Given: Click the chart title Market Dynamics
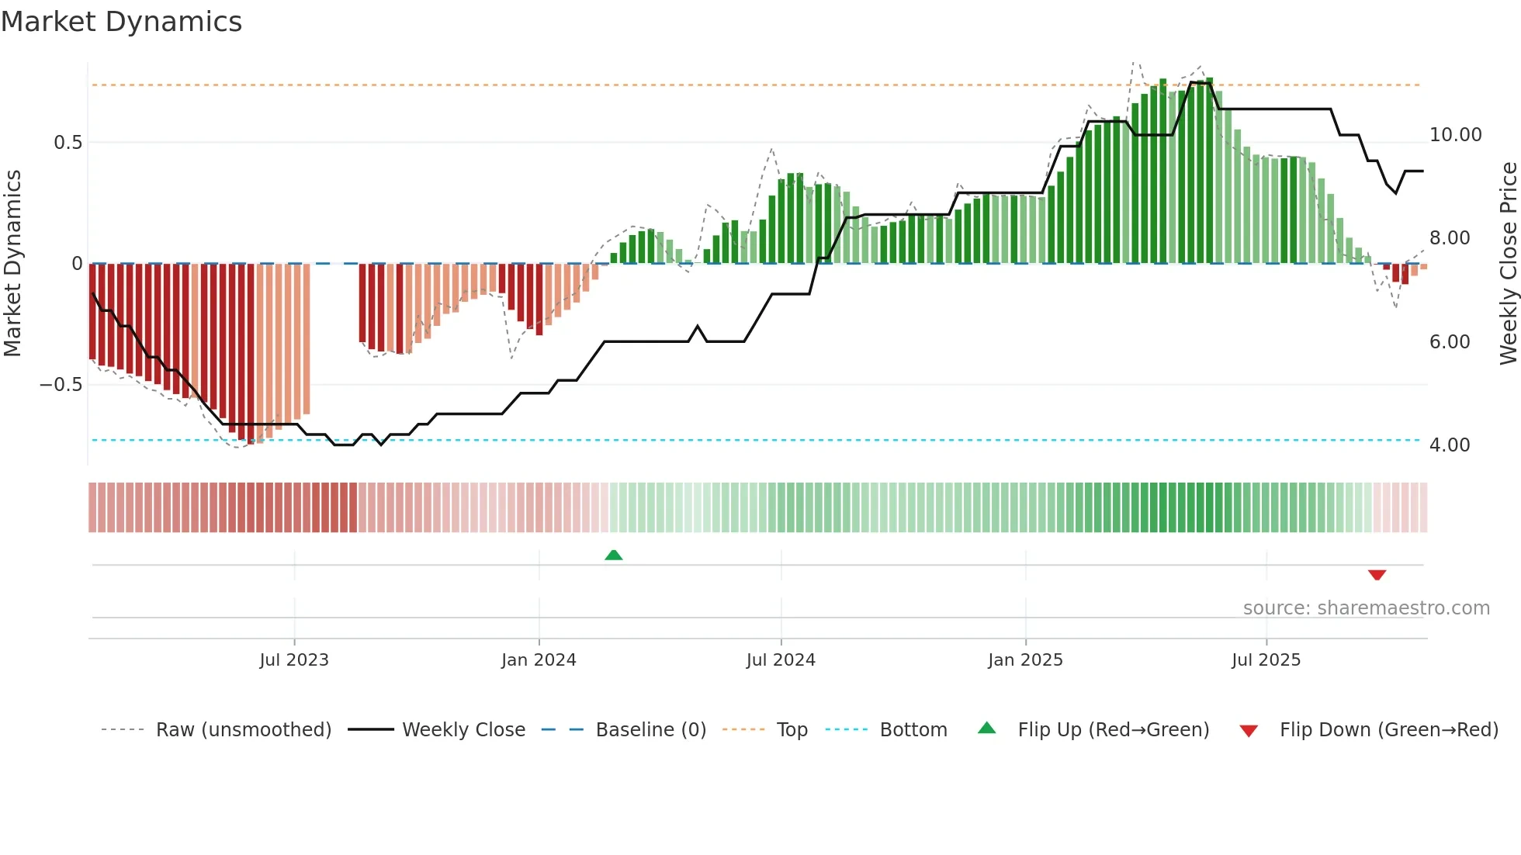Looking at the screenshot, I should (121, 22).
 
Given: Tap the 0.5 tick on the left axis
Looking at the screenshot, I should (68, 143).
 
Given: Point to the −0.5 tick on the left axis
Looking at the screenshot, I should (61, 385).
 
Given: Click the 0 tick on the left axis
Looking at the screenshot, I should (77, 264).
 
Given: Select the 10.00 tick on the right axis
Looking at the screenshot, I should (1455, 135).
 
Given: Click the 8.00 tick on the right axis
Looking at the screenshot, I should (1449, 238).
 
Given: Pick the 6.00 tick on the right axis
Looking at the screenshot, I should (1449, 342).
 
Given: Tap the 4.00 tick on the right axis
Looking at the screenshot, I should (1449, 445).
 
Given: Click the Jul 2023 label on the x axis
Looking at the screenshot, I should (294, 660).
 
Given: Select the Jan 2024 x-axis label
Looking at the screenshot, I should (539, 660).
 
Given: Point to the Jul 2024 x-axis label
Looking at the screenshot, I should (781, 660).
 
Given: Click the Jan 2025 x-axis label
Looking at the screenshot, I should (1025, 660).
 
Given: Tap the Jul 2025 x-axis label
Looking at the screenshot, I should (1266, 660).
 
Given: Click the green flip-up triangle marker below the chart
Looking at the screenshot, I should (614, 555).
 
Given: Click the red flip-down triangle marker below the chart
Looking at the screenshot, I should (1377, 575).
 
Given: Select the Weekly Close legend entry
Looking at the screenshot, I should (463, 730).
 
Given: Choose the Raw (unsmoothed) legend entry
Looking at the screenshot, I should (243, 730).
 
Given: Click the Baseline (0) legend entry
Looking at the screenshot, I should (650, 730).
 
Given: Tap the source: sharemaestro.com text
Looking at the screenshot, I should (1366, 608).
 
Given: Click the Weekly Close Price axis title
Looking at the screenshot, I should (1508, 264).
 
